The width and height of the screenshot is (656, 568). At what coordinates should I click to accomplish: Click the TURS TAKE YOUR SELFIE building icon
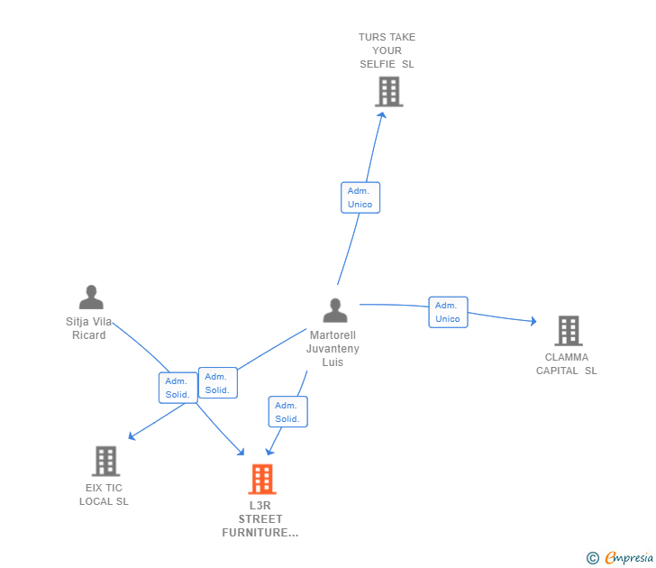389,91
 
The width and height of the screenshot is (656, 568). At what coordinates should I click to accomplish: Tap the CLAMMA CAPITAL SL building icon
569,331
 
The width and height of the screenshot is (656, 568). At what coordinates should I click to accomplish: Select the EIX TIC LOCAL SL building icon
105,461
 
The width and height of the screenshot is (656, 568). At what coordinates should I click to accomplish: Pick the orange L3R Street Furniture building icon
262,480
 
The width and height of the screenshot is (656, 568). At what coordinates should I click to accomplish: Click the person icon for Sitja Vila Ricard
91,297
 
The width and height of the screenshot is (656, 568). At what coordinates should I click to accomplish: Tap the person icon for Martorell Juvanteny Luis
335,310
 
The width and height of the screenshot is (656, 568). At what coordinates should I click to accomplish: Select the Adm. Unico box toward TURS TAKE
360,197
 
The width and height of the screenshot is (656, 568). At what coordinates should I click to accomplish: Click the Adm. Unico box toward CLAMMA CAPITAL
448,312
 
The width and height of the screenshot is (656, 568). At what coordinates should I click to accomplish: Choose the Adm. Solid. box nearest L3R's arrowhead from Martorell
287,412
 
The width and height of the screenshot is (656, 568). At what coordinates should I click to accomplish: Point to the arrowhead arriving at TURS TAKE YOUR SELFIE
382,115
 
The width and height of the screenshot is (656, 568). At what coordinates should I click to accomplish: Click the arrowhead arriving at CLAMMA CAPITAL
533,321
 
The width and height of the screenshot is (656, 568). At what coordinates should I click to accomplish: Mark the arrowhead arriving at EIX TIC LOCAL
132,436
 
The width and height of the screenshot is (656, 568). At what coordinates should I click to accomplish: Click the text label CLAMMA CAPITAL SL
567,363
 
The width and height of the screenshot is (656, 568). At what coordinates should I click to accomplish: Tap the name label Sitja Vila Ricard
88,328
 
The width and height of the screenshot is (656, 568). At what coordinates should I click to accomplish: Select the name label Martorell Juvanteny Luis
333,349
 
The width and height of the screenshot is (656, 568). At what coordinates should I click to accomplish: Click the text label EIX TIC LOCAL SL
104,494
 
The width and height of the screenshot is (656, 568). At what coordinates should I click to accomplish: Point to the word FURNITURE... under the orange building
260,533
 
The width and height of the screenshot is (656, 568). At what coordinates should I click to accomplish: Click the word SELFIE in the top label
378,64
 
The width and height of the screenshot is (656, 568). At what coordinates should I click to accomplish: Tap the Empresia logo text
629,557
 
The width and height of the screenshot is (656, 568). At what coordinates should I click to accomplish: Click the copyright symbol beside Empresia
593,558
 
